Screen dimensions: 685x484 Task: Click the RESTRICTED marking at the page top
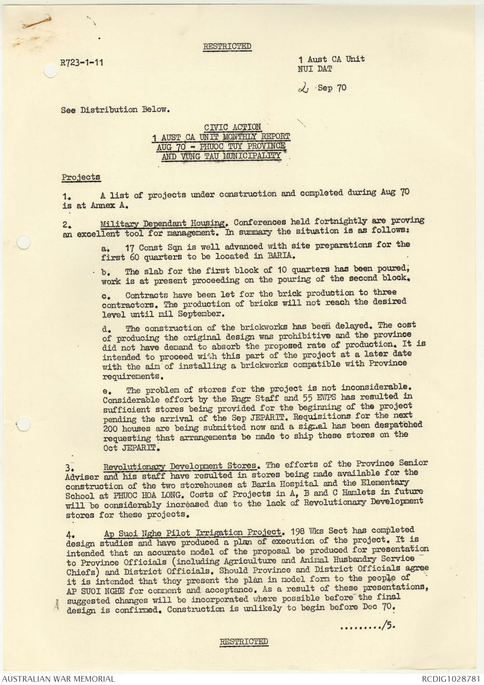coord(227,46)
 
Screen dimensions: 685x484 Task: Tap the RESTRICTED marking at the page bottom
coord(244,641)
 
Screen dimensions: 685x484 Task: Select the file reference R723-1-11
coord(82,62)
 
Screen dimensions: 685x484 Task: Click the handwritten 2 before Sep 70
coord(302,88)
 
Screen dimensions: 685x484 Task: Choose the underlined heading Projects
coord(81,177)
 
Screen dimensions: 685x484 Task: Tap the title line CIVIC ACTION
coord(232,127)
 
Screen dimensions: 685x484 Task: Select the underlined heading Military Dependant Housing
coord(162,223)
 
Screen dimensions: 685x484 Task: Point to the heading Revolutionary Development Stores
coord(180,466)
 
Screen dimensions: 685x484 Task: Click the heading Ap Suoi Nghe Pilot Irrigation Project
coord(192,532)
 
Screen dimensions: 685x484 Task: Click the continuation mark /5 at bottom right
coord(387,626)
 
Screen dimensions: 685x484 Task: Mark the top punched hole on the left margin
coord(50,71)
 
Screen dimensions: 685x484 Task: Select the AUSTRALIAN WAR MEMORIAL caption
coord(58,678)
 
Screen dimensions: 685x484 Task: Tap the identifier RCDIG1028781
coord(451,678)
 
